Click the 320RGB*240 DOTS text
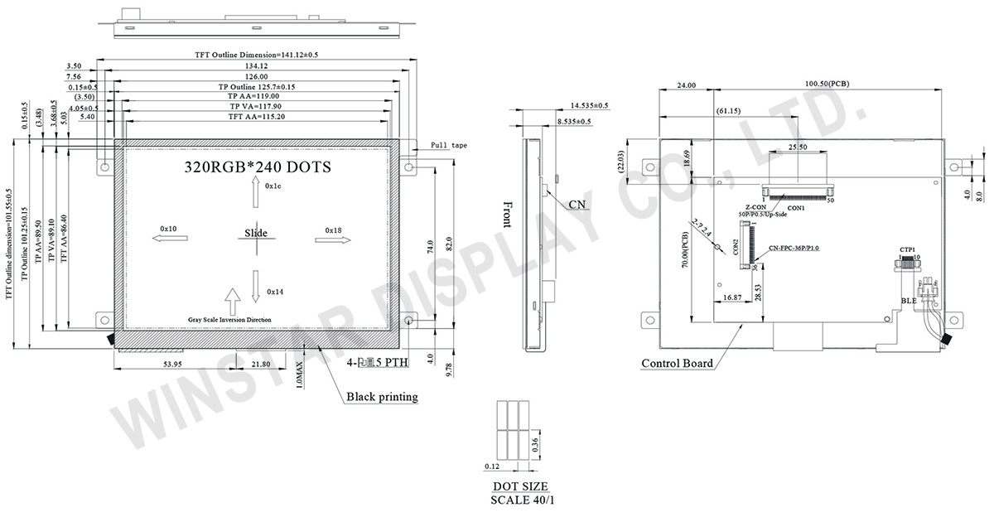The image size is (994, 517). [x=257, y=167]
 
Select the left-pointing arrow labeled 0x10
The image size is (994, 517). [x=168, y=239]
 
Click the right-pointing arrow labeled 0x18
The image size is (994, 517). [x=333, y=239]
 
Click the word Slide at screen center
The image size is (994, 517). [x=256, y=233]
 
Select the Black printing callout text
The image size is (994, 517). [x=382, y=397]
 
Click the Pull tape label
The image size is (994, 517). [x=448, y=145]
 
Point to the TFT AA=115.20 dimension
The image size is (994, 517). [x=256, y=117]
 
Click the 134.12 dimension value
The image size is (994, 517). [x=256, y=66]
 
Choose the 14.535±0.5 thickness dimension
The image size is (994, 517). [x=589, y=106]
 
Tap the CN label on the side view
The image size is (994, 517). [x=577, y=204]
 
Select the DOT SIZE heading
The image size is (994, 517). [x=519, y=486]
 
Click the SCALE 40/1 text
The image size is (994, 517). [x=519, y=500]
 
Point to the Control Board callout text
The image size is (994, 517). [x=677, y=363]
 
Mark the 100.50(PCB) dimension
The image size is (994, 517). [x=827, y=85]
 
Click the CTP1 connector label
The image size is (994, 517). [x=908, y=249]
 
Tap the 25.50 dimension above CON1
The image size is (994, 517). [x=798, y=147]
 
